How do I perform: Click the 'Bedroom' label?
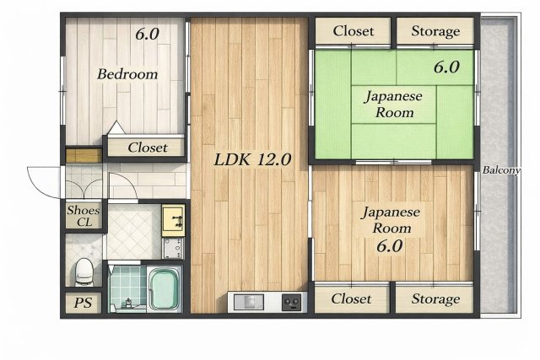click(x=127, y=74)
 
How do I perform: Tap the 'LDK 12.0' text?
click(x=251, y=159)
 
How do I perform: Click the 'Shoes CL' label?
click(x=83, y=216)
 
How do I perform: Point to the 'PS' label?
click(x=83, y=303)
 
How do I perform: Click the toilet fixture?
click(x=84, y=271)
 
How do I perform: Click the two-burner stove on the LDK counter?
click(x=293, y=301)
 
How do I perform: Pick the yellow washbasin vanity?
click(x=173, y=219)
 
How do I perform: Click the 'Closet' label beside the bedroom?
click(x=147, y=148)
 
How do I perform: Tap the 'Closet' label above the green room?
click(x=353, y=31)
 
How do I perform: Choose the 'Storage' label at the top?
click(x=435, y=31)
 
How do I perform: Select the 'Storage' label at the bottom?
click(x=435, y=298)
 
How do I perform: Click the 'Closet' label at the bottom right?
click(x=351, y=298)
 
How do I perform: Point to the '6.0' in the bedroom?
click(x=148, y=35)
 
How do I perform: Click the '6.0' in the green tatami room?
click(x=446, y=67)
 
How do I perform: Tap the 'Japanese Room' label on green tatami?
click(x=393, y=104)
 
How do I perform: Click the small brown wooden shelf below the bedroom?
click(x=83, y=155)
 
